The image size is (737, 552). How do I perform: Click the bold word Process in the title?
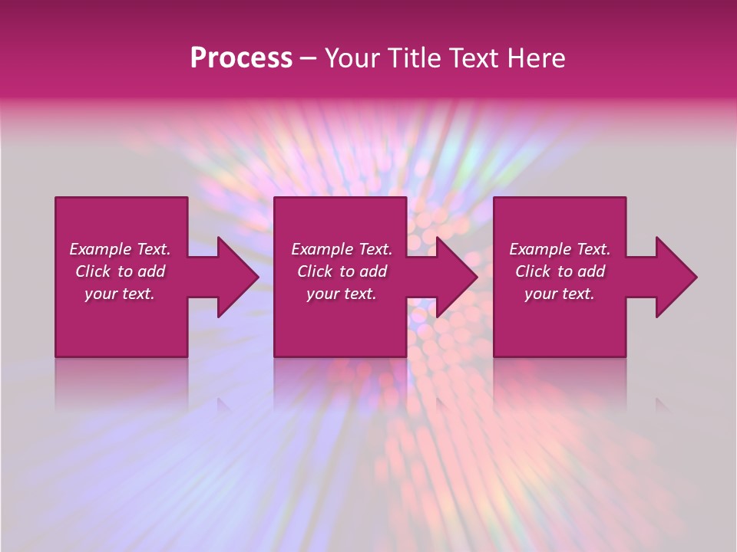click(x=241, y=58)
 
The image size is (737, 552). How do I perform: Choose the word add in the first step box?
click(x=152, y=271)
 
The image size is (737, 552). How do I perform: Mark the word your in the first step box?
click(x=100, y=294)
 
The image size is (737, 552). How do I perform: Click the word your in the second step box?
click(x=322, y=294)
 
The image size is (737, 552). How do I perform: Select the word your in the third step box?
click(x=540, y=294)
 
